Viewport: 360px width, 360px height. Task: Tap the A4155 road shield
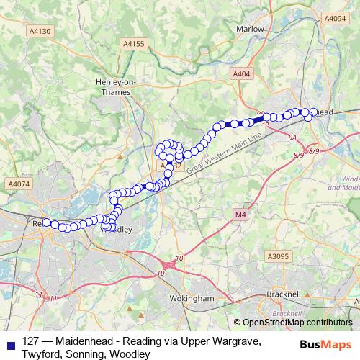tap(134, 44)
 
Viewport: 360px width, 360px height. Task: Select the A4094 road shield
tap(335, 18)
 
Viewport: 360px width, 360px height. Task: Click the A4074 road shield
tap(19, 184)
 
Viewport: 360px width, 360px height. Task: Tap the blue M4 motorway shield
tap(240, 214)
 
